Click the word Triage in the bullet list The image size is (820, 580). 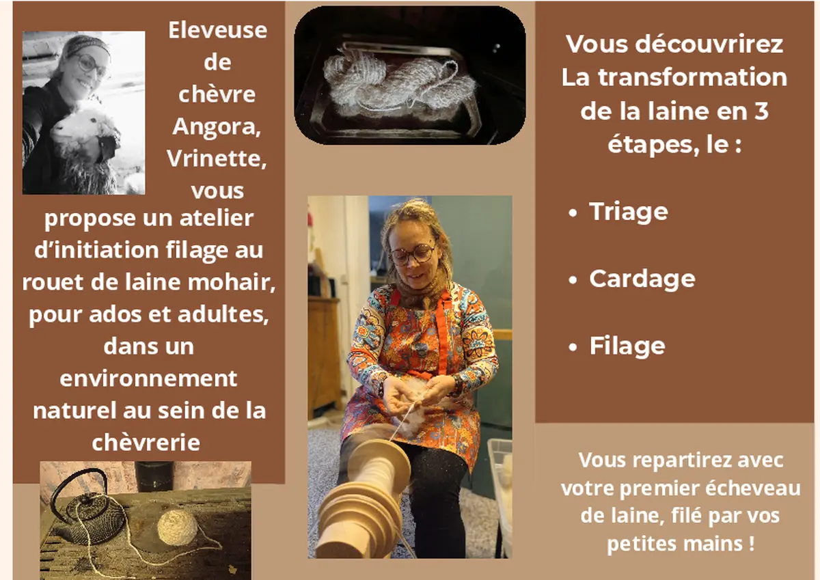click(x=628, y=212)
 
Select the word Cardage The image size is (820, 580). click(x=642, y=279)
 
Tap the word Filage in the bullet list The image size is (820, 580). click(x=627, y=346)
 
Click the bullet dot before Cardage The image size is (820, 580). click(x=573, y=280)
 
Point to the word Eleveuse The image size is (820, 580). click(x=217, y=30)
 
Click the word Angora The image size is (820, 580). click(x=217, y=126)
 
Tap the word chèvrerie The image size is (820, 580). click(x=146, y=442)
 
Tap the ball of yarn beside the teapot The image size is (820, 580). click(x=176, y=529)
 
